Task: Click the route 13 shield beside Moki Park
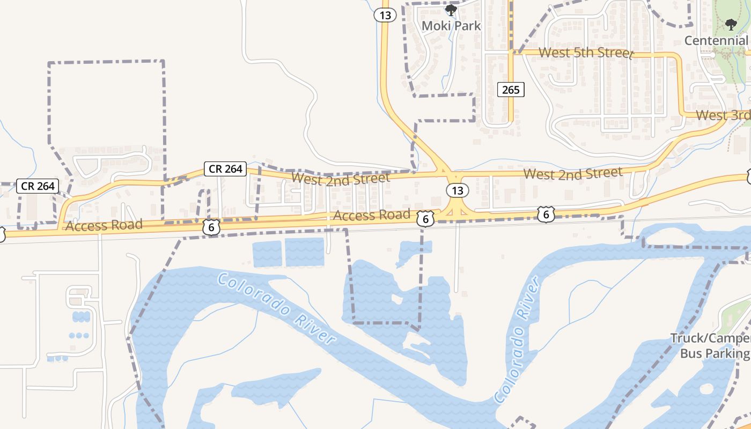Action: coord(385,15)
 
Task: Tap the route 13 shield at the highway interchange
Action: coord(457,190)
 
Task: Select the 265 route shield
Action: coord(511,90)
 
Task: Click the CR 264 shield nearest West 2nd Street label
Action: coord(225,169)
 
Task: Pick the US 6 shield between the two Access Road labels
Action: coord(211,227)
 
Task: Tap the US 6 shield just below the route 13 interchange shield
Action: coord(425,218)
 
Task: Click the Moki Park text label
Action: coord(451,26)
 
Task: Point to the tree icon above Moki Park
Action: coord(451,10)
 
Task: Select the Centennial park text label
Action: coord(716,41)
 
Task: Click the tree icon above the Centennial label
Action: coord(731,24)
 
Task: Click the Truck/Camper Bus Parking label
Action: coord(711,346)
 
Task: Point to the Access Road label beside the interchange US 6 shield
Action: coord(371,216)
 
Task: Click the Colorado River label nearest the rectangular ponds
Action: coord(277,308)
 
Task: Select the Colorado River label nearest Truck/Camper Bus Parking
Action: coord(517,341)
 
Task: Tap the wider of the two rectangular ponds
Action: coord(305,253)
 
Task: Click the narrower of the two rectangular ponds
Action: coord(267,254)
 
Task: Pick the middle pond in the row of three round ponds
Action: coord(79,336)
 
